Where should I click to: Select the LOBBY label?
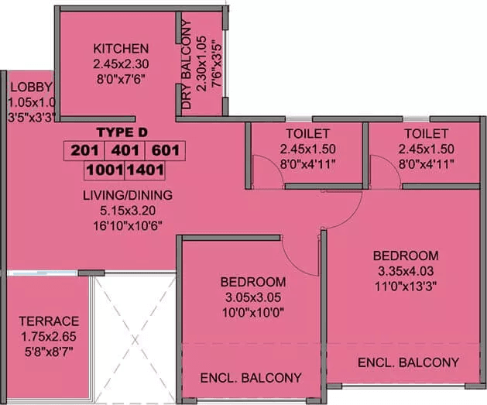tap(25, 88)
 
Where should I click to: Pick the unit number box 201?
tap(84, 149)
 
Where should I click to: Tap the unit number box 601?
tap(166, 149)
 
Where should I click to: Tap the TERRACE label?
tap(49, 321)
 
